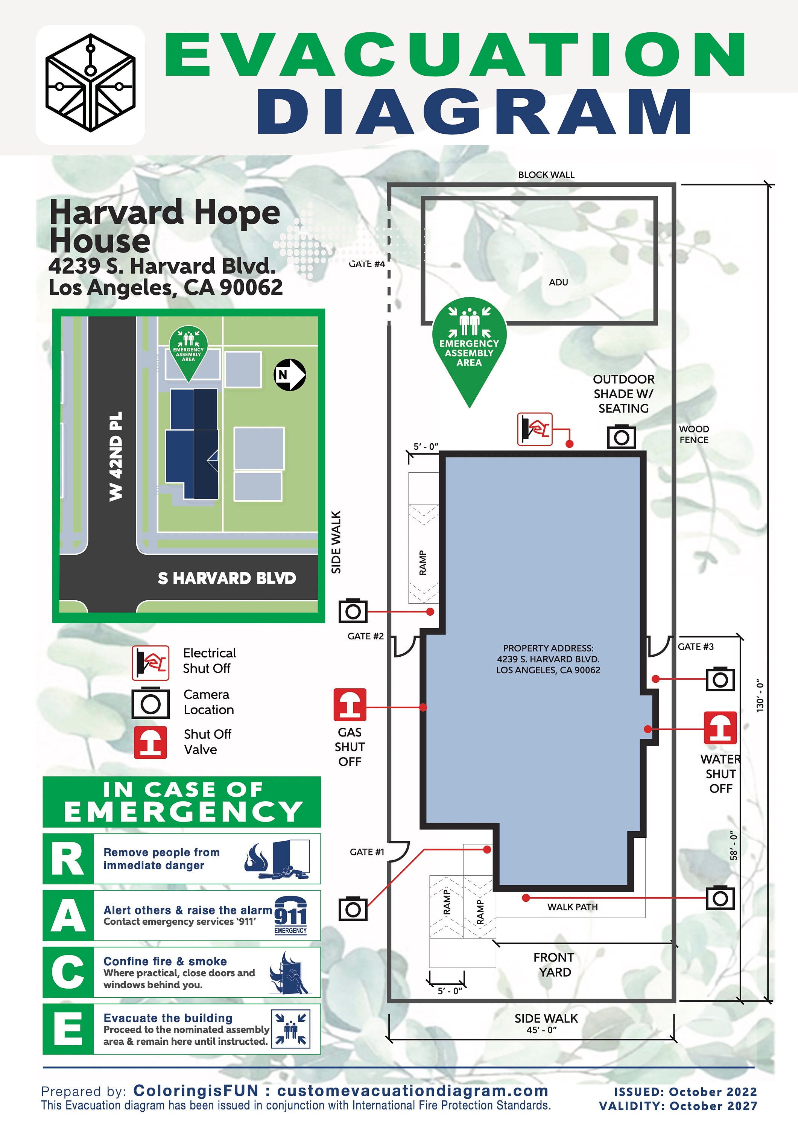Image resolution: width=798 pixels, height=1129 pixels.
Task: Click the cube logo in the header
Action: tap(90, 83)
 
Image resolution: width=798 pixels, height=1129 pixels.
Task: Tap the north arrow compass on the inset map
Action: tap(290, 375)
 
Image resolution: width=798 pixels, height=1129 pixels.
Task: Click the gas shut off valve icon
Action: tap(350, 704)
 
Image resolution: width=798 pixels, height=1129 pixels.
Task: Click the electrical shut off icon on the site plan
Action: tap(535, 429)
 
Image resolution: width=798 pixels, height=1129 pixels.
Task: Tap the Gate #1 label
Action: tap(367, 852)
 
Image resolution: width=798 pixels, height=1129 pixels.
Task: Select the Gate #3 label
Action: tap(695, 647)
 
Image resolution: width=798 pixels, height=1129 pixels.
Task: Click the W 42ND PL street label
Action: tap(116, 456)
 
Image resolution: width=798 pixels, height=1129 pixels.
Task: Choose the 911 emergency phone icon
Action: tap(290, 916)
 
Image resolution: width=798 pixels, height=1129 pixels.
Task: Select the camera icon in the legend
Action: tap(150, 703)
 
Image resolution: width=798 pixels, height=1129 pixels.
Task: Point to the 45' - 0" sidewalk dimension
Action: tap(541, 1030)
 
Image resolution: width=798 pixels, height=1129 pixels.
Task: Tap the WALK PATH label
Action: tap(572, 907)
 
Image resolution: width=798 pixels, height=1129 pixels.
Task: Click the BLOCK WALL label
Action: tap(546, 175)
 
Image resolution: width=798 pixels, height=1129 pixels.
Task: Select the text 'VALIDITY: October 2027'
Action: tap(678, 1106)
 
